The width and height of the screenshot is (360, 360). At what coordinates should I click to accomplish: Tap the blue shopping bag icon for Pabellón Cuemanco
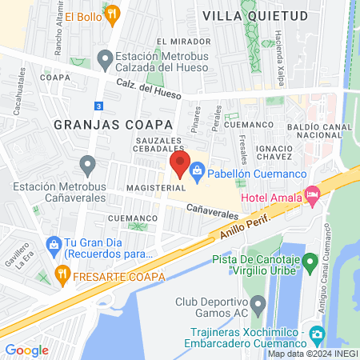point(198,170)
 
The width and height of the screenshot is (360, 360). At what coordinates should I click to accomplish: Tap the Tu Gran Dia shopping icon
point(54,243)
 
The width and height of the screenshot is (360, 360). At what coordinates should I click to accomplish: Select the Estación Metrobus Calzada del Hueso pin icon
point(105,58)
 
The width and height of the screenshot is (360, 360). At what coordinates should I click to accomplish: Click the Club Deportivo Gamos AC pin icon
point(258,304)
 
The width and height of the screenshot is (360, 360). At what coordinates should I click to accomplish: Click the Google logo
point(26,350)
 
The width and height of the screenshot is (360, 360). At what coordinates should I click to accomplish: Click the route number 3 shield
point(98,106)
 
